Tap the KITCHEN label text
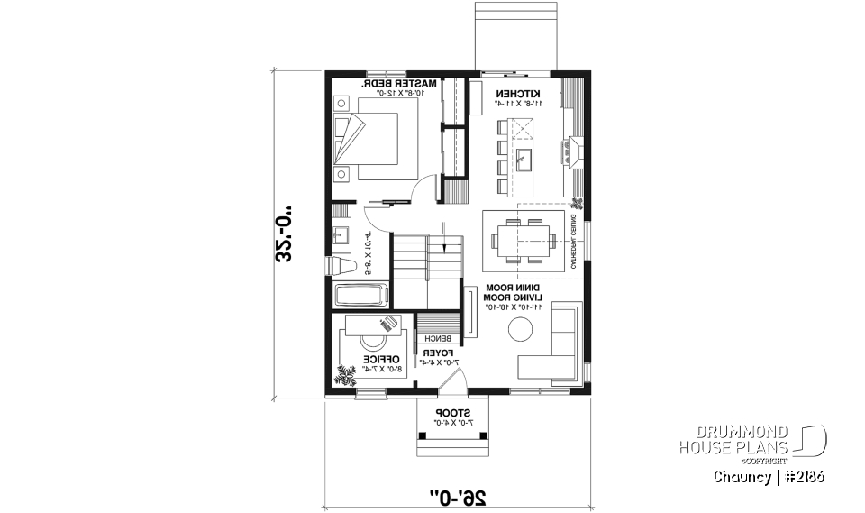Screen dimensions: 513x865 point(518,94)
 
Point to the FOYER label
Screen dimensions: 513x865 point(439,352)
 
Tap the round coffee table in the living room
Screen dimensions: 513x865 point(523,331)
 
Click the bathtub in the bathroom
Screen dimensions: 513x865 point(360,295)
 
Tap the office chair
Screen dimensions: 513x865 point(372,343)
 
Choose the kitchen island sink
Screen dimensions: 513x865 point(524,160)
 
